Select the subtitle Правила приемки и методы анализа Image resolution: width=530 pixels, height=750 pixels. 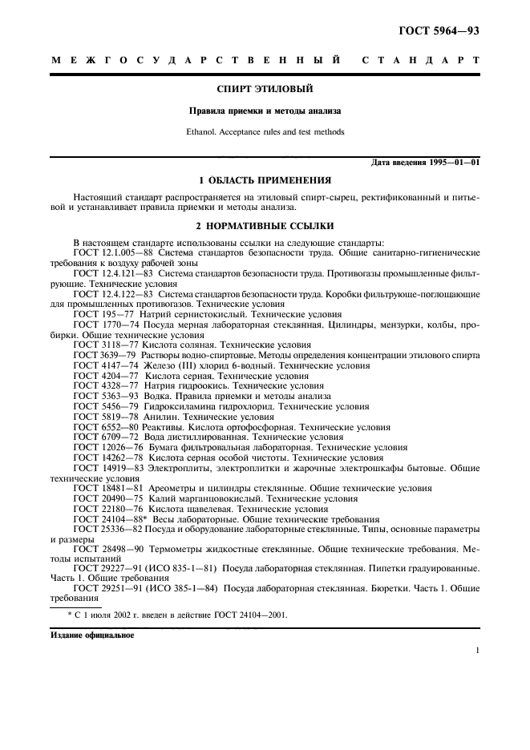pos(265,111)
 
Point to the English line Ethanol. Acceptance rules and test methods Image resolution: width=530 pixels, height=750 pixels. pos(265,131)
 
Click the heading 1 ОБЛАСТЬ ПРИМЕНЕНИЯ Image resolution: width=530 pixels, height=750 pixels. pos(265,180)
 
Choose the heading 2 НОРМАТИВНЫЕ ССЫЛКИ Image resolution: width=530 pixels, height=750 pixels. pos(265,226)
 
